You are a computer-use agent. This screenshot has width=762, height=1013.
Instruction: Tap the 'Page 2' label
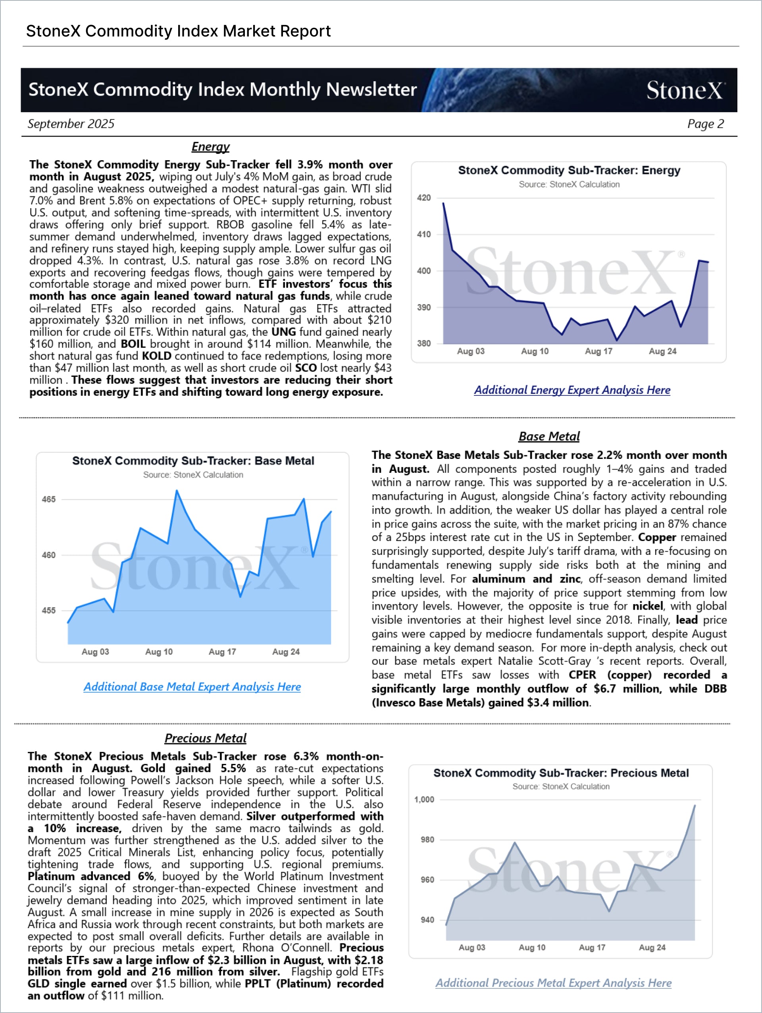click(x=705, y=124)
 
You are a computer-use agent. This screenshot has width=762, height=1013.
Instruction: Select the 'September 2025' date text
click(x=71, y=124)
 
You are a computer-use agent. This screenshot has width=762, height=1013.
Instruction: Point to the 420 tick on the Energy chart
click(x=424, y=198)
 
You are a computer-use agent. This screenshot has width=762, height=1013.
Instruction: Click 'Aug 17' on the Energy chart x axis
click(x=598, y=351)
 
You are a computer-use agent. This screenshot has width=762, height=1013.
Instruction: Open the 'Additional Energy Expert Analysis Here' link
click(x=572, y=390)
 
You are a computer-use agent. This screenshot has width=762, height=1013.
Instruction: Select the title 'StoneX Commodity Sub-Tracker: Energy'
click(x=569, y=171)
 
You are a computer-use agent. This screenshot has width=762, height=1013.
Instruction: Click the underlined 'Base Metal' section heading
click(x=549, y=436)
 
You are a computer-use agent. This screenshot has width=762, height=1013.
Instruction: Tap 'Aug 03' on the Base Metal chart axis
click(x=95, y=652)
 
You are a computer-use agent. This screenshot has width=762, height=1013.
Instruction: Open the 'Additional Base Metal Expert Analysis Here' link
click(x=192, y=687)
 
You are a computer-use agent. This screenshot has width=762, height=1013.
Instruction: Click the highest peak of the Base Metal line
click(x=177, y=491)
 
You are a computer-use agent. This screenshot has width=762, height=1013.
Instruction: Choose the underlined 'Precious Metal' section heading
click(x=205, y=738)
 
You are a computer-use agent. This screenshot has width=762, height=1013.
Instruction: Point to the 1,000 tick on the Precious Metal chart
click(x=424, y=800)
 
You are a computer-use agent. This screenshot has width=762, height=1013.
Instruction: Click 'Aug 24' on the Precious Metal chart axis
click(x=652, y=948)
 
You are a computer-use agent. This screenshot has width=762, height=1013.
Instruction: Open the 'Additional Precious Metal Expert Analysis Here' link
click(x=554, y=983)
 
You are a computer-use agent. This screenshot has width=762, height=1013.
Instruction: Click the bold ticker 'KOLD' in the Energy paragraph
click(x=156, y=356)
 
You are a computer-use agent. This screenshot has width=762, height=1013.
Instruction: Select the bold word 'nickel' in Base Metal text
click(x=647, y=606)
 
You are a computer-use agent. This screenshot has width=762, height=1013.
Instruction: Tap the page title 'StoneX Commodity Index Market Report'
click(x=178, y=31)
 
